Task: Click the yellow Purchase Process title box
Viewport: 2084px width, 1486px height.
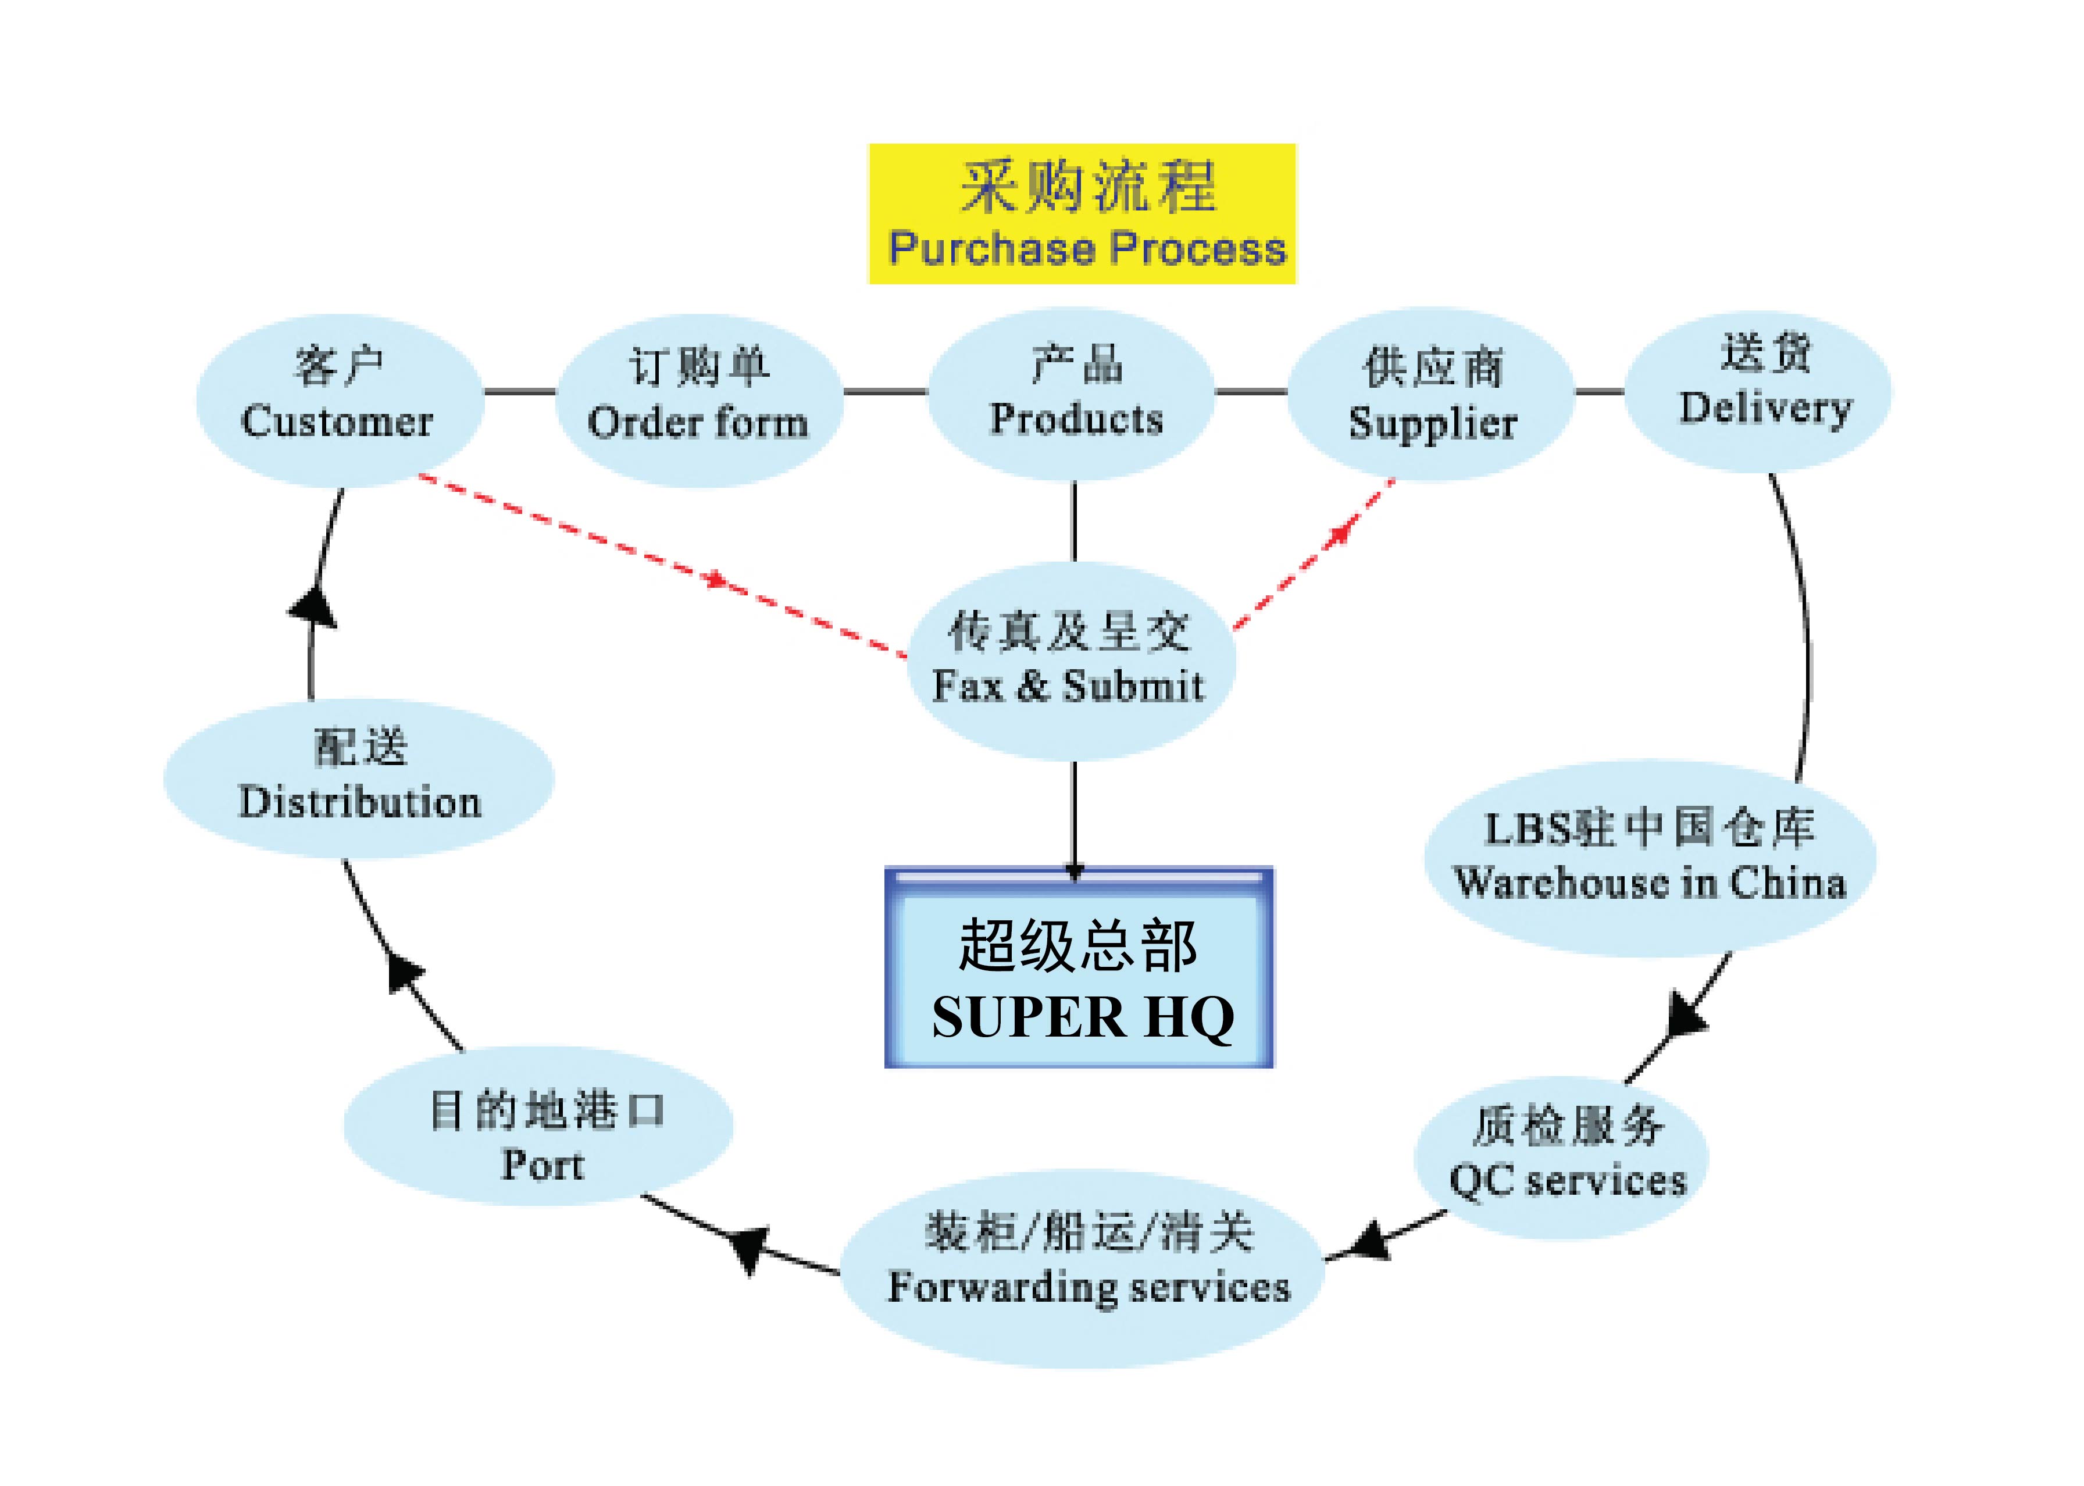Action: click(x=1081, y=213)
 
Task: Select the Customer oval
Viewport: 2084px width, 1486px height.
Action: click(x=340, y=400)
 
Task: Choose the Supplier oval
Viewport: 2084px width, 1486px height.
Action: click(x=1430, y=395)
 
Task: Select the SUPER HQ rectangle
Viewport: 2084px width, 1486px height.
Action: click(x=1078, y=967)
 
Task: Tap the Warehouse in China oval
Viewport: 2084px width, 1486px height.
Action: click(x=1649, y=858)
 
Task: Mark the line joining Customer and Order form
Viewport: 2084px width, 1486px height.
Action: click(x=519, y=392)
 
